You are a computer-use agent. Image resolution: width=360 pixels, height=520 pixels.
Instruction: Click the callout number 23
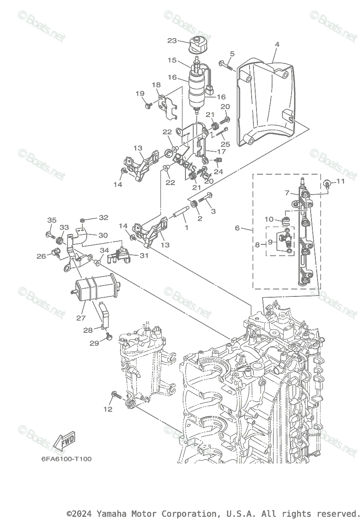pos(172,41)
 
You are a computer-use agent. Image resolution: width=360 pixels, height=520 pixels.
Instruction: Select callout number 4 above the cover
pos(277,44)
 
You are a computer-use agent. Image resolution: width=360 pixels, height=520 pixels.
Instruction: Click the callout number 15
pos(172,60)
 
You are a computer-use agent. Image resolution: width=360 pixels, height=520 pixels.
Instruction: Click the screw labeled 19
pos(149,104)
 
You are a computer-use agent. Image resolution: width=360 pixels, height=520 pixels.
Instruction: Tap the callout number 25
pos(225,143)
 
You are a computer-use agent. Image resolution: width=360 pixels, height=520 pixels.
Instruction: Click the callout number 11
pos(340,181)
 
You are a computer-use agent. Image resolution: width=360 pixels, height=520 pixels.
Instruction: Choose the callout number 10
pos(269,219)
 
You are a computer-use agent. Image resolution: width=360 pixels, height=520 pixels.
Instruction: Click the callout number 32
pos(104,218)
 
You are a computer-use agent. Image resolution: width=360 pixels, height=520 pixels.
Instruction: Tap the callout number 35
pos(52,220)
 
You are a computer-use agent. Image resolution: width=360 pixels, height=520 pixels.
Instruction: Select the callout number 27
pos(81,318)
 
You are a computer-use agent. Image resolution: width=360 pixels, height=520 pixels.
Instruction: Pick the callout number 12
pos(108,409)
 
